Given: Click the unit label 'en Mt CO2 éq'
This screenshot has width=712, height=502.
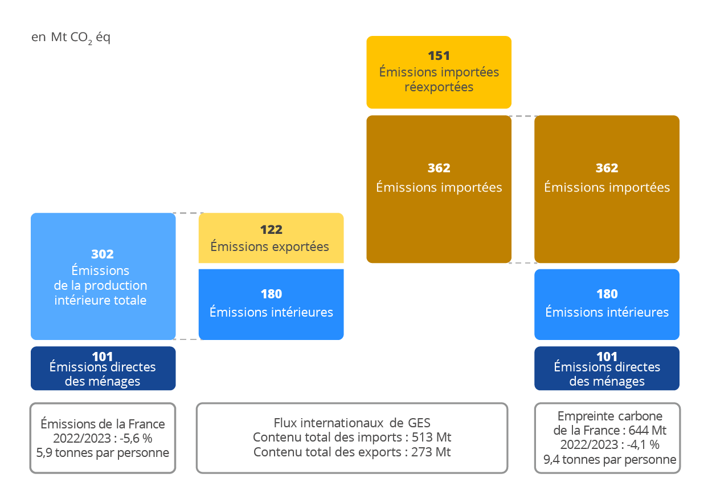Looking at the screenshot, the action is point(71,38).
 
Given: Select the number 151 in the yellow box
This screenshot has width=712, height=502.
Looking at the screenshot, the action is point(439,56).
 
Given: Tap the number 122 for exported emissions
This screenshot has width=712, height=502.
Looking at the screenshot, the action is point(271,229).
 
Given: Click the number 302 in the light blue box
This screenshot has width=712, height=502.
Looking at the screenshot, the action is point(103,254).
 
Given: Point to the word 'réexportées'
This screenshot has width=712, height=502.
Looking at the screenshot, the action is point(439,87).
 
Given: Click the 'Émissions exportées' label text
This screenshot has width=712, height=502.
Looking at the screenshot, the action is point(269,246).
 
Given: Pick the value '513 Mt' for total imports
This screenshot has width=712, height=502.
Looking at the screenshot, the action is point(431,438).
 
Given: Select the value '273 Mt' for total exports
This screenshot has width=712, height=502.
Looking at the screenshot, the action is point(431,452).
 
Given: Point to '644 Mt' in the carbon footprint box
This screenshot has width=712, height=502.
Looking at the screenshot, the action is point(647,430).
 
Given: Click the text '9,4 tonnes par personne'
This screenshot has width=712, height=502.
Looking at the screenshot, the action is point(609,459).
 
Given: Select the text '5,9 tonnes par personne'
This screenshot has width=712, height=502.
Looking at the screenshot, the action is point(103,453).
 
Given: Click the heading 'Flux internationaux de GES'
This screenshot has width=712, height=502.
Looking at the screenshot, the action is point(352,423).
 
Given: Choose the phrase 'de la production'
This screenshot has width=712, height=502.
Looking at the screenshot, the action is point(100,286).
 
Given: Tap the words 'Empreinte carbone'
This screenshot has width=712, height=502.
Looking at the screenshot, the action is point(609,416).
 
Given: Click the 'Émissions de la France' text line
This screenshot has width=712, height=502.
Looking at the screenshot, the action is point(103,424).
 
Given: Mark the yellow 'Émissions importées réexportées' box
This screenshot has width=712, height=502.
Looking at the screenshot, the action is point(439,72).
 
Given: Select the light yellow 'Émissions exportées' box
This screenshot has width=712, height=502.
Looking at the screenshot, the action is point(271,238).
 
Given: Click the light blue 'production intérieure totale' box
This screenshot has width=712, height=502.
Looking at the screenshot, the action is point(103,276).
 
